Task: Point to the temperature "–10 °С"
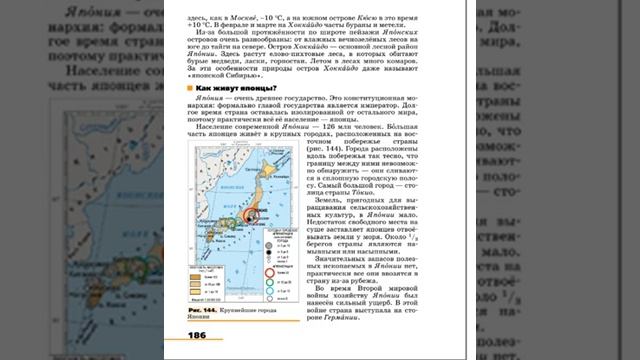pyautogui.click(x=277, y=17)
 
